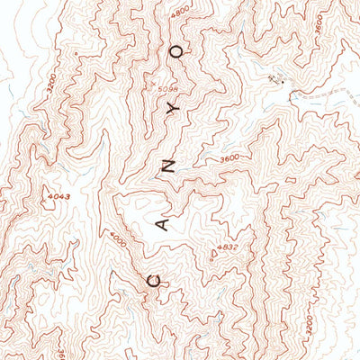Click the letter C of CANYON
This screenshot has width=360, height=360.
(152, 280)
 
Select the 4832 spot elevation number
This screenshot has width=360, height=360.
(227, 247)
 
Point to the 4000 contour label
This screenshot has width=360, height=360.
(118, 241)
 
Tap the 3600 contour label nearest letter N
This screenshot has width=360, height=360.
(230, 160)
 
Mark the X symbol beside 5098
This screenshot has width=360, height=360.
(154, 82)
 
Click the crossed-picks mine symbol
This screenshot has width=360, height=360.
(273, 80)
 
